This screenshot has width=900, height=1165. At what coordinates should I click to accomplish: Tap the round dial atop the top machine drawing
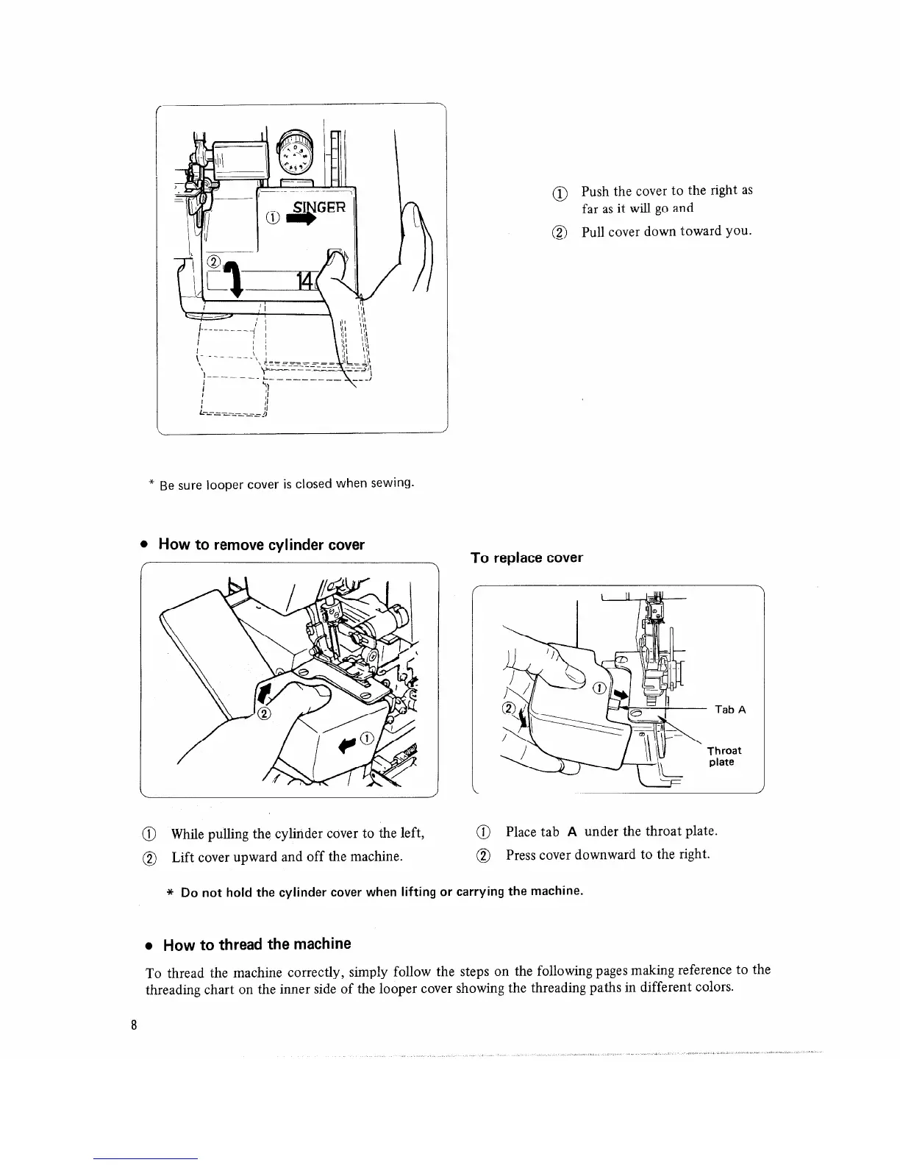click(296, 155)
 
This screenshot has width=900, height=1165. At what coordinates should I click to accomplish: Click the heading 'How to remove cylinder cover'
click(261, 545)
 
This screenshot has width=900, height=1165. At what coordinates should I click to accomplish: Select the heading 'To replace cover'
click(526, 557)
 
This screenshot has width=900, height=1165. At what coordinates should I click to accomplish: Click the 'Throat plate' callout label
click(724, 756)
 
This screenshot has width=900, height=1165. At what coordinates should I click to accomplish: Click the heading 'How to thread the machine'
click(257, 944)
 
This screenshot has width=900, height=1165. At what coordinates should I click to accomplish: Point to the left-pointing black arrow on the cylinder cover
click(345, 744)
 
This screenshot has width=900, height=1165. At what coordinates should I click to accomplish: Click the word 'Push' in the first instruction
click(596, 191)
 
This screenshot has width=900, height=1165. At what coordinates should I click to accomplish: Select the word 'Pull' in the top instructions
click(594, 232)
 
